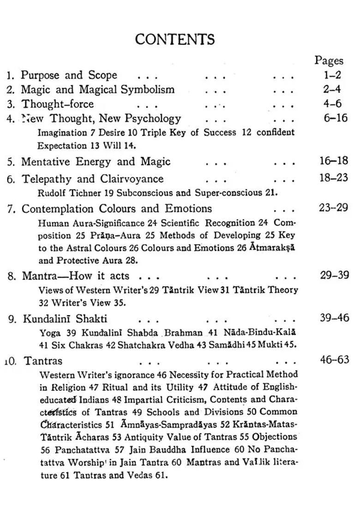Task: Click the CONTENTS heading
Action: click(x=175, y=39)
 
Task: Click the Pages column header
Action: click(x=329, y=60)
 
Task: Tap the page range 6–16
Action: click(x=336, y=118)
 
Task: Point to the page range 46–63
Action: click(x=335, y=360)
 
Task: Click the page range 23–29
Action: click(x=333, y=208)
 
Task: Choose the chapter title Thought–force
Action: click(x=58, y=104)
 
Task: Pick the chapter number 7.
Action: click(x=12, y=208)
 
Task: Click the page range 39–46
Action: click(x=335, y=318)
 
